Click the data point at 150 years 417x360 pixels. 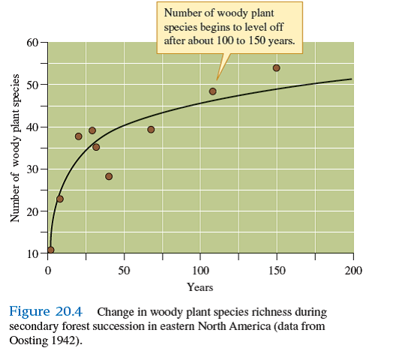click(x=276, y=68)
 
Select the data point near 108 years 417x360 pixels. click(x=212, y=91)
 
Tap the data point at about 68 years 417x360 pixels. click(x=151, y=130)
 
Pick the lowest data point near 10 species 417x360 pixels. click(x=50, y=250)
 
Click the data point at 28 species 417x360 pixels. click(x=109, y=176)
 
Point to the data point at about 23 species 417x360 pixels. click(x=60, y=199)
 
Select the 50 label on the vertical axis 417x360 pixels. click(x=31, y=84)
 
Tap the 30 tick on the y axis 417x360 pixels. click(x=31, y=169)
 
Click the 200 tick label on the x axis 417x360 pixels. click(x=353, y=270)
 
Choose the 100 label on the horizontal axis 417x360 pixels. click(x=200, y=270)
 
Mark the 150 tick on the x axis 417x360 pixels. click(x=277, y=270)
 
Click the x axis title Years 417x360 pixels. click(x=200, y=287)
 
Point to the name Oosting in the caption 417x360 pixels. click(x=26, y=339)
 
